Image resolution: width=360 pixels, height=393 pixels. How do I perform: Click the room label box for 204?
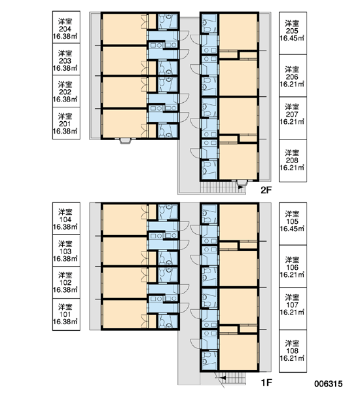[x=66, y=27]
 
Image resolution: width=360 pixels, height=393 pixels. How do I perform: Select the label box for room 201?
[x=66, y=123]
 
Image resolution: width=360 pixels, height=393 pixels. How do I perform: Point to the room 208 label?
[x=293, y=160]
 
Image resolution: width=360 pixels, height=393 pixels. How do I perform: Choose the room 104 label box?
[x=66, y=219]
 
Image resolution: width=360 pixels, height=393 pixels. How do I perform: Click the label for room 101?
[x=66, y=314]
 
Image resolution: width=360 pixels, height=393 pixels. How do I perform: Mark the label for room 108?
[x=293, y=351]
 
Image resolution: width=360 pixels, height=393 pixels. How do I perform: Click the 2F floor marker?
[x=266, y=190]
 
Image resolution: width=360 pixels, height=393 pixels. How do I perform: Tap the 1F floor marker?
[x=266, y=383]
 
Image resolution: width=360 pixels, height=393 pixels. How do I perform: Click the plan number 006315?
[x=329, y=384]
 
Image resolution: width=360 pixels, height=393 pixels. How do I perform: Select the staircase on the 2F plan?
[x=223, y=187]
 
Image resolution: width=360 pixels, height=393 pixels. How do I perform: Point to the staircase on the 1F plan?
[x=230, y=378]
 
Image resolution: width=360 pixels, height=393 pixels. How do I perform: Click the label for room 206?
[x=293, y=76]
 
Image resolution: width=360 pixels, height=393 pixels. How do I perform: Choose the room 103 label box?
[x=66, y=250]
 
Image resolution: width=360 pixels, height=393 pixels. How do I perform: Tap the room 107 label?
[x=293, y=309]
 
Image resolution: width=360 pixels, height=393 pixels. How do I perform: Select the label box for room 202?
[x=66, y=91]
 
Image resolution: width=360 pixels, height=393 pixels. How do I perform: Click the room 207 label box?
[x=293, y=118]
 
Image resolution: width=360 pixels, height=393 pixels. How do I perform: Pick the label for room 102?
[x=66, y=282]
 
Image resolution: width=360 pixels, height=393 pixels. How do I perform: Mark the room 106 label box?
[x=293, y=267]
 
